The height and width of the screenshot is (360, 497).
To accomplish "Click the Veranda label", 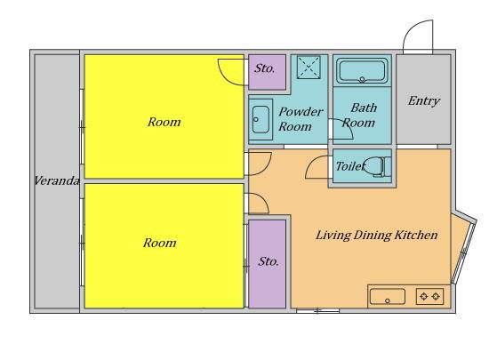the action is pos(56,180).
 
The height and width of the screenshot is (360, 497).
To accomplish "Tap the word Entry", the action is pos(423,100).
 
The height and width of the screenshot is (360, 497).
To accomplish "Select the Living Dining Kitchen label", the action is pos(377,236).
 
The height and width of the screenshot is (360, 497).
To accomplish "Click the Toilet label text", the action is pos(350,166).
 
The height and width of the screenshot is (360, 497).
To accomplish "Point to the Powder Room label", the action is pos(301,119).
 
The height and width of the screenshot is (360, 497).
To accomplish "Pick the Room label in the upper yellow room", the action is pos(164,122).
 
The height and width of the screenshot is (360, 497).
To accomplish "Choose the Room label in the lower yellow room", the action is pos(160,243).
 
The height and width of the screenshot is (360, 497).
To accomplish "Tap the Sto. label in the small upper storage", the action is pos(265,68).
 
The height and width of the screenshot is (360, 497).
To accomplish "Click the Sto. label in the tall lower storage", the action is pos(269,261).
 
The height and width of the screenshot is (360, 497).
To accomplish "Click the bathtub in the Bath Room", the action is pos(362,71).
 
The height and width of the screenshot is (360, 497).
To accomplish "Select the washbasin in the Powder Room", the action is pos(261,119).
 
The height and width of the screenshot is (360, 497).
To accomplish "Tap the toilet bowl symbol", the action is pos(377,166).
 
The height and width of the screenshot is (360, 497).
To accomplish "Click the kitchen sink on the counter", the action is pos(388,297).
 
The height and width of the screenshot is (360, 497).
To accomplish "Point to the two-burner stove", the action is pos(429,297).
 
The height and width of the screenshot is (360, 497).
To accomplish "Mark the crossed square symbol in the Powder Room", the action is pos(309,68).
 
